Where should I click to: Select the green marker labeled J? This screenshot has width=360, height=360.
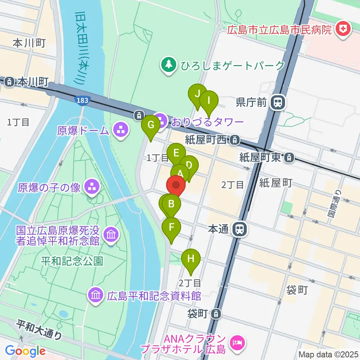click(197, 94)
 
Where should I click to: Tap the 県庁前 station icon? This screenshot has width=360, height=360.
click(278, 102)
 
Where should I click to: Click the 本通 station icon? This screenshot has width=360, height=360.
click(239, 229)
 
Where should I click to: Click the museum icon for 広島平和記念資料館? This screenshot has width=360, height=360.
click(96, 295)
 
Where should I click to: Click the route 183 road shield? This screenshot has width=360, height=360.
click(81, 100)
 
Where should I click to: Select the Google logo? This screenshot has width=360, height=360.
click(25, 351)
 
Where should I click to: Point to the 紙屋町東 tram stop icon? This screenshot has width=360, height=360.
click(289, 158)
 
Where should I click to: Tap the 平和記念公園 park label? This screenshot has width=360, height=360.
click(72, 261)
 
